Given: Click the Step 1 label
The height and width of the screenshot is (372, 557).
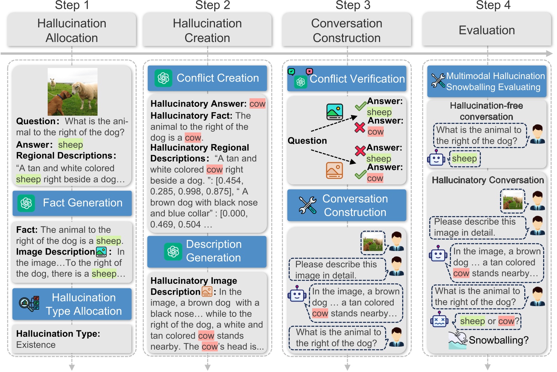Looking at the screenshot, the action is click(x=72, y=5).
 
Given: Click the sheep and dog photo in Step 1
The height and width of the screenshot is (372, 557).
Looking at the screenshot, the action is click(x=73, y=92).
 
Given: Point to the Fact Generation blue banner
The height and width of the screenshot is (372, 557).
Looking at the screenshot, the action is click(x=72, y=203).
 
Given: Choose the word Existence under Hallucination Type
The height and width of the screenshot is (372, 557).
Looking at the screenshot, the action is click(x=36, y=345).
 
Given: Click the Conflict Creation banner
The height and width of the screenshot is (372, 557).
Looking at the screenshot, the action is click(x=207, y=78).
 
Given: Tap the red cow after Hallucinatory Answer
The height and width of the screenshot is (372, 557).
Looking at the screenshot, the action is click(x=258, y=104).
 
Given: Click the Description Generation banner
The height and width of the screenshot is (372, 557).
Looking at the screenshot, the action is click(x=207, y=252).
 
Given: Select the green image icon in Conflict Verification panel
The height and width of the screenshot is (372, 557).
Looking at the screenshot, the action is click(x=335, y=112).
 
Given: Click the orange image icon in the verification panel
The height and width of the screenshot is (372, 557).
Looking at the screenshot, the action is click(x=335, y=171).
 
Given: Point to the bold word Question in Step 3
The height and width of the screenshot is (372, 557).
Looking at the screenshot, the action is click(x=308, y=141).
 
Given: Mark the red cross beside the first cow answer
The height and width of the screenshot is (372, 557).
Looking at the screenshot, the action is click(x=359, y=128).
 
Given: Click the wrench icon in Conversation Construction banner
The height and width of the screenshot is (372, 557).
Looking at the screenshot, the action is click(x=308, y=205).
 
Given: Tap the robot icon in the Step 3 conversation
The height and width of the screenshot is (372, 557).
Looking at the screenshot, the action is click(x=297, y=294).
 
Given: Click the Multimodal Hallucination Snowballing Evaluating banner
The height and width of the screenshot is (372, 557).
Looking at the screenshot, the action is click(x=487, y=81).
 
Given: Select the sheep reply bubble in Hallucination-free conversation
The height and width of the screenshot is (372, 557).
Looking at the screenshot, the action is click(x=464, y=159).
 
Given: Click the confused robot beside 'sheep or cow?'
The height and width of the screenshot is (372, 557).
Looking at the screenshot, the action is click(x=440, y=319).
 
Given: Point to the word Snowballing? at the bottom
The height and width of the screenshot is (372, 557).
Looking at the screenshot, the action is click(x=499, y=340).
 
